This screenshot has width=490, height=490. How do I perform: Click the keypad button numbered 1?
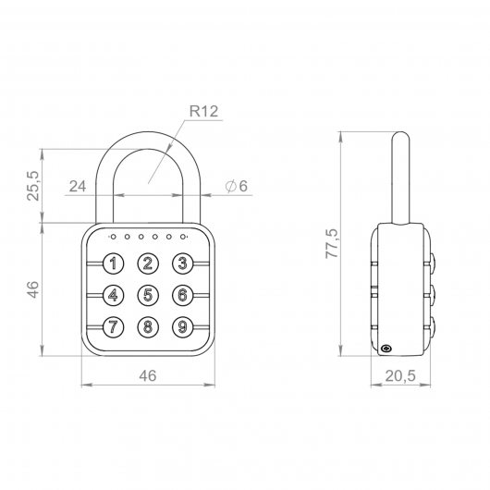pos(114,263)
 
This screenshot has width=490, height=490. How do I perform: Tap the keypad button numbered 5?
pos(148,295)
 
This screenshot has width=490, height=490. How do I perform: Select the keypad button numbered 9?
pos(182,327)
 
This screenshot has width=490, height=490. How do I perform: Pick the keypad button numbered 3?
pos(182,263)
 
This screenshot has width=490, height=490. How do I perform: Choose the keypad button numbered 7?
pos(114,327)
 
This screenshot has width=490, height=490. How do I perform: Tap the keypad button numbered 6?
pos(182,295)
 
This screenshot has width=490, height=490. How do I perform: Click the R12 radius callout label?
pos(203,111)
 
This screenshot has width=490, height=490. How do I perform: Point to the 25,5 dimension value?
pos(34,186)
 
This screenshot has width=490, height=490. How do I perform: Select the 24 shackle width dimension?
pos(78,186)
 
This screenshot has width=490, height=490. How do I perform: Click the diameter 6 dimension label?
pos(237,186)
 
